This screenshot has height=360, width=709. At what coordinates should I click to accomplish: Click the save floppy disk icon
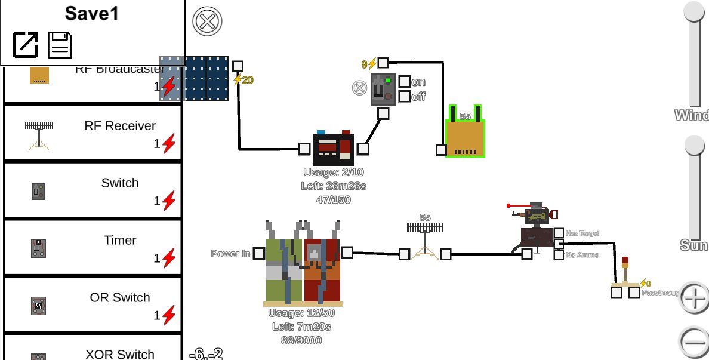point(60,45)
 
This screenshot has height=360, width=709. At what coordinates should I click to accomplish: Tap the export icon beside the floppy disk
point(26,45)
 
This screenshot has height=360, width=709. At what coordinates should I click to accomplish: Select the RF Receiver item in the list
point(93,133)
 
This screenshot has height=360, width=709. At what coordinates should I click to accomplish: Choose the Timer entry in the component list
point(93,247)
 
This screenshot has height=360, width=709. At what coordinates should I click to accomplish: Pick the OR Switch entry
point(93,304)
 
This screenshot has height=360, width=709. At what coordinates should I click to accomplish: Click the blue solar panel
point(195,78)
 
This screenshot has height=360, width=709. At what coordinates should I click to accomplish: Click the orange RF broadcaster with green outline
point(466,138)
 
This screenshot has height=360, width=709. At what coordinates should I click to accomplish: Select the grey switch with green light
point(383,90)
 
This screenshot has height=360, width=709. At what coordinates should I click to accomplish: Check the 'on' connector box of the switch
point(405,82)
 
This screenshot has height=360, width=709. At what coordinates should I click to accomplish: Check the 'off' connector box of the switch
point(405,96)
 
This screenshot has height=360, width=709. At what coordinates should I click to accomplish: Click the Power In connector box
point(258,254)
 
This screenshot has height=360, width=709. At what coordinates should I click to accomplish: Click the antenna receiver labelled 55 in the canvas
point(425,239)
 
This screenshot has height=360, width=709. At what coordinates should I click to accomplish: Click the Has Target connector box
point(559,233)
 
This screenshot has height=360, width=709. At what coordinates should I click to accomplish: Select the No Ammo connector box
point(559,255)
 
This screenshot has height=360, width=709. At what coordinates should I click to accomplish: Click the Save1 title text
point(92,14)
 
